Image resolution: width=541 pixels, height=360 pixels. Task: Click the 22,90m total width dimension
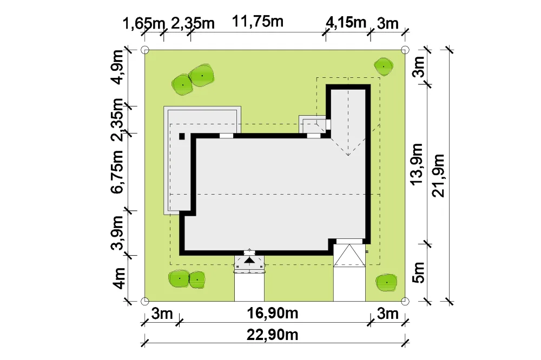272,335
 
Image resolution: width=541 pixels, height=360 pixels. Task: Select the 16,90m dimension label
272,314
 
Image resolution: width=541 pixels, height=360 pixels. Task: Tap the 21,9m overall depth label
438,176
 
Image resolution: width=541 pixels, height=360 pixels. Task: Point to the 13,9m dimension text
417,164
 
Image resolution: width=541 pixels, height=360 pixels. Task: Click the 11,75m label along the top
258,22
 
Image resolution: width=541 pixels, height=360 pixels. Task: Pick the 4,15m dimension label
346,23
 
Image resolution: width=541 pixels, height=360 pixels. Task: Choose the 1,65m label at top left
144,23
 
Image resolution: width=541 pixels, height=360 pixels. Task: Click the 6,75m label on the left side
117,172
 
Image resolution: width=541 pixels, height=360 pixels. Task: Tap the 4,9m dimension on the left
117,67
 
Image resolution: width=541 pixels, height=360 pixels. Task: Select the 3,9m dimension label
117,233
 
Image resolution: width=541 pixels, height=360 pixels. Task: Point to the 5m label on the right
418,272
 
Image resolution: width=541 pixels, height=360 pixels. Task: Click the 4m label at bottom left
118,278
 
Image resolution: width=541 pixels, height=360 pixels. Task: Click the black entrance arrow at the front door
249,259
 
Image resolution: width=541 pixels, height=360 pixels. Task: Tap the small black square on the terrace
182,137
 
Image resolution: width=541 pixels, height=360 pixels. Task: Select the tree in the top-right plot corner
384,66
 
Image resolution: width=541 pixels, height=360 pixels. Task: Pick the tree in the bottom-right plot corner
386,283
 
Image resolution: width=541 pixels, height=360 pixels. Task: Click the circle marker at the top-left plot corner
145,50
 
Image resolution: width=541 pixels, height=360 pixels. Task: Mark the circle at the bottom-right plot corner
405,302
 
